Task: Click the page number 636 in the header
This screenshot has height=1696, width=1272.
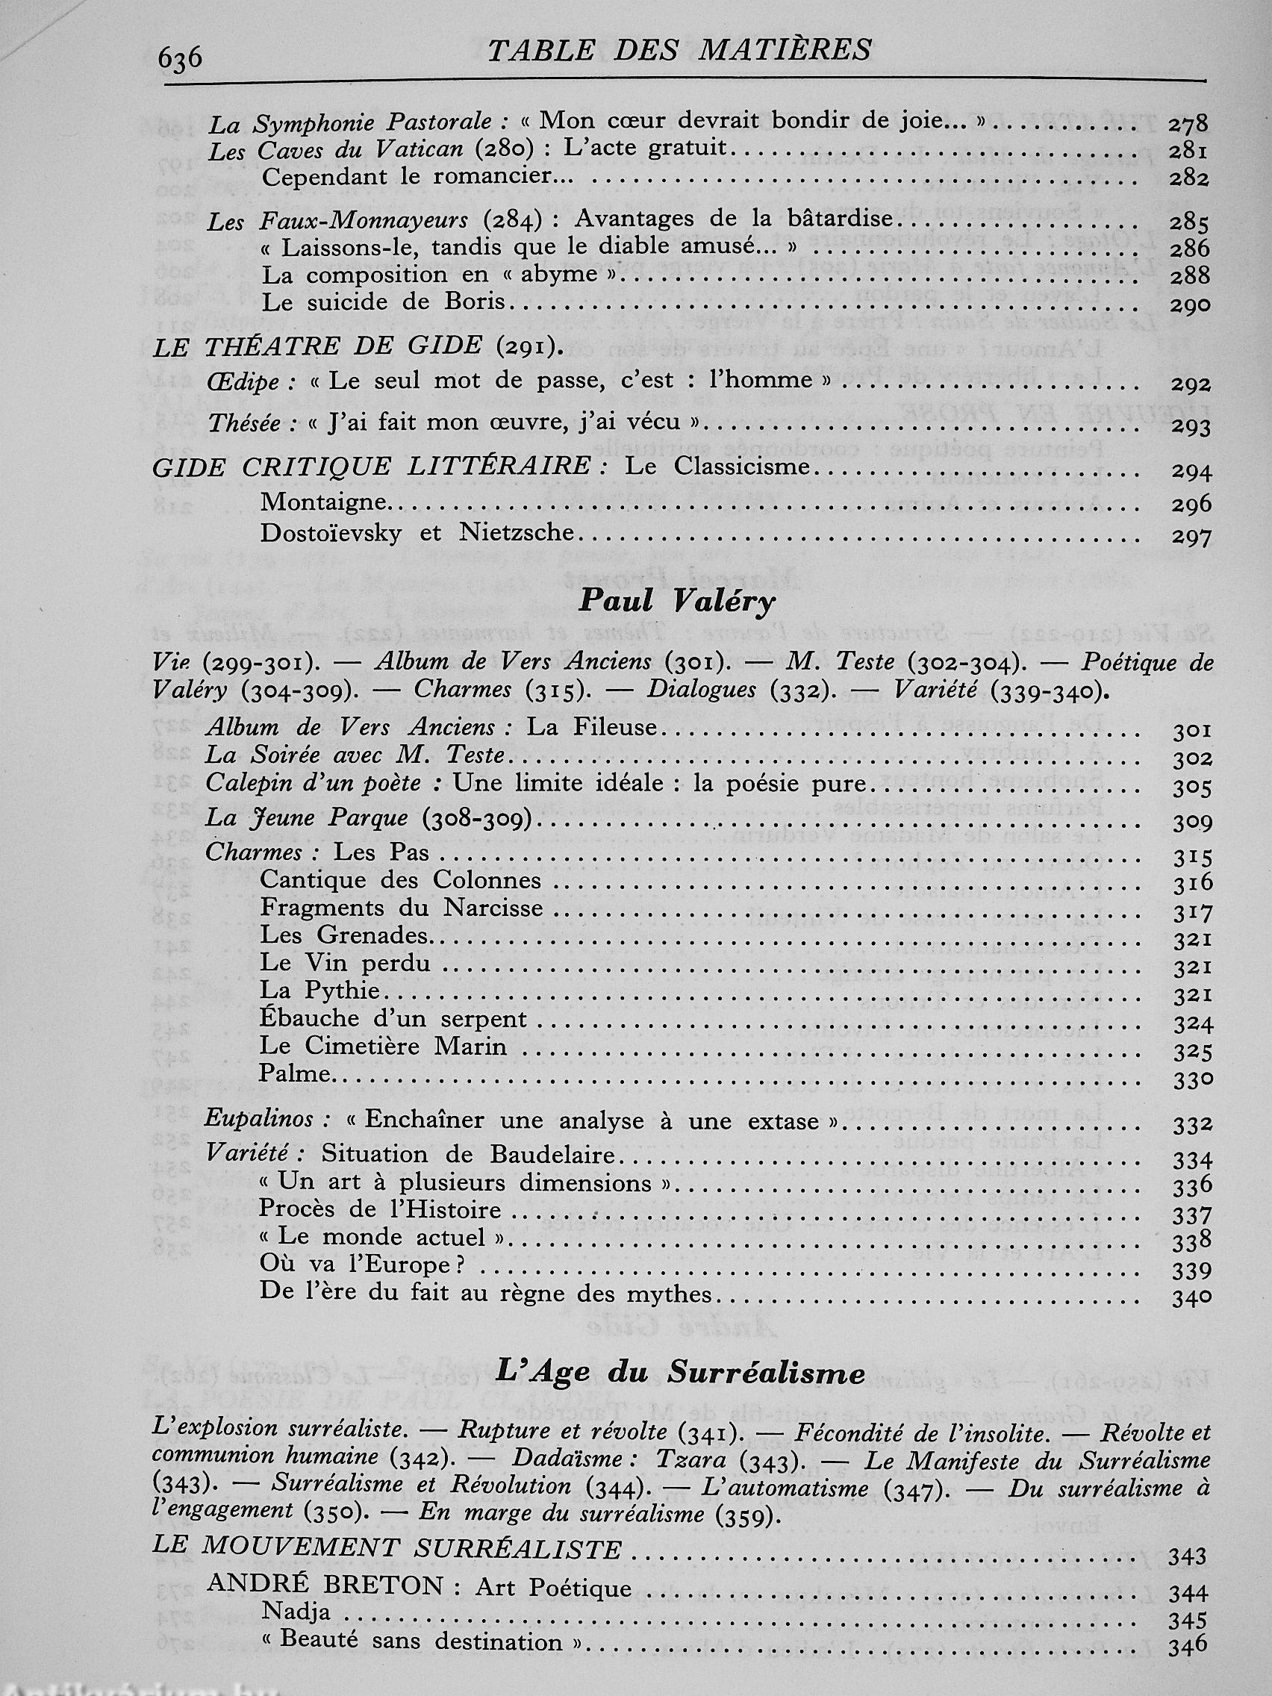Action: click(179, 57)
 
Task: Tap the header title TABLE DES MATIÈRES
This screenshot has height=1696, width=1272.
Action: click(679, 51)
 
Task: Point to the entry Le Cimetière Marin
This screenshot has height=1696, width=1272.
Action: click(383, 1047)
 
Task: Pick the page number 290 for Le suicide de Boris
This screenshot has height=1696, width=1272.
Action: click(1191, 305)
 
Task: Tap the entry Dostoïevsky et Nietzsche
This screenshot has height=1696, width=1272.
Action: click(417, 533)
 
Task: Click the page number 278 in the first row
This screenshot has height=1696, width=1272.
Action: click(1188, 123)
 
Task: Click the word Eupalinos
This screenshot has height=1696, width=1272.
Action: click(258, 1120)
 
